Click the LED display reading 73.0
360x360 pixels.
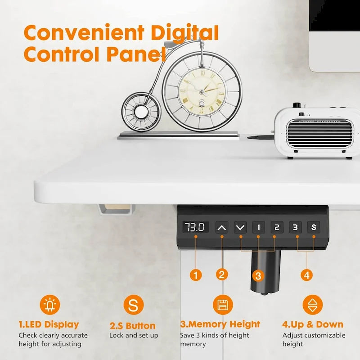tap(196, 227)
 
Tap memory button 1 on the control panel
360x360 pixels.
tap(258, 227)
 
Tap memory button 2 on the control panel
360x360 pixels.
tap(277, 227)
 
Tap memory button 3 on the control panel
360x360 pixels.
tap(295, 227)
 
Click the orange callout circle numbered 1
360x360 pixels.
tap(196, 274)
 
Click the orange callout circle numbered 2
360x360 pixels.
tap(221, 274)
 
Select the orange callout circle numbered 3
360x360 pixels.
tap(257, 275)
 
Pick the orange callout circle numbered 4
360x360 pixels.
tap(307, 274)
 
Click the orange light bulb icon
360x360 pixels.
tap(49, 305)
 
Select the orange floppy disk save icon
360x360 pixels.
tap(222, 305)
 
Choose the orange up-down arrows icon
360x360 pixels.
tap(312, 305)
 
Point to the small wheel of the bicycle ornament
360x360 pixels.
tap(141, 110)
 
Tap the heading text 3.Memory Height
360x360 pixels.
tap(220, 324)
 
